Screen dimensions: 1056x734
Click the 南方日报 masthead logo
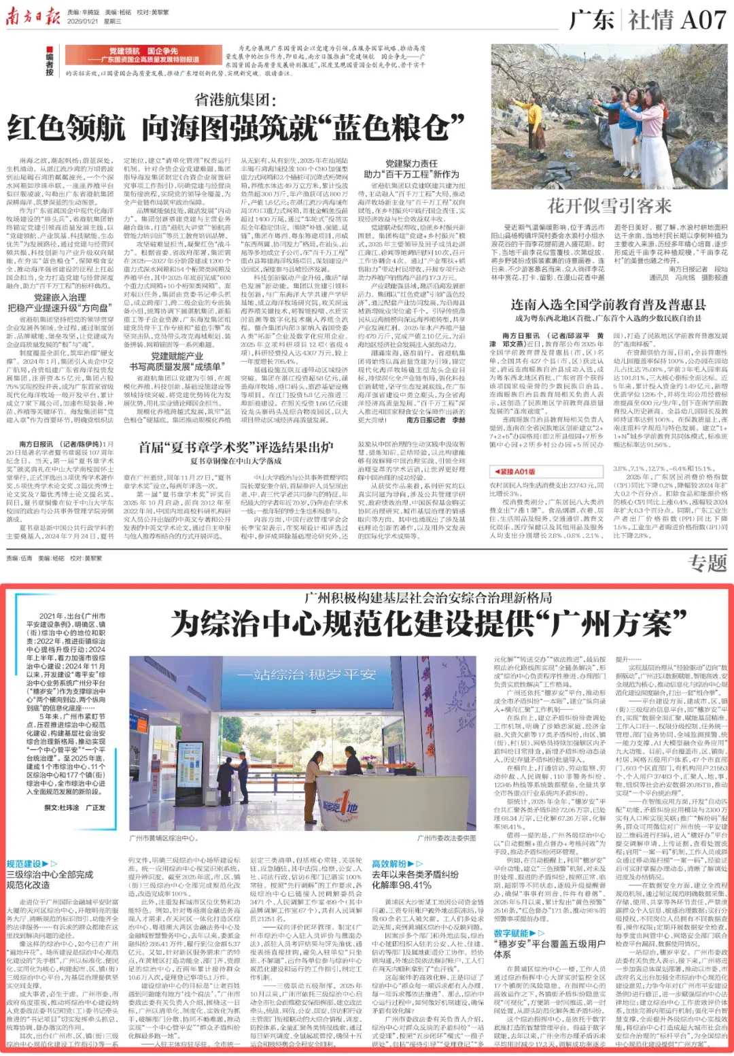point(33,16)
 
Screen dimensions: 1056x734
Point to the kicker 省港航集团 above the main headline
point(235,100)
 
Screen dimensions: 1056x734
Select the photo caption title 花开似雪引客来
point(609,206)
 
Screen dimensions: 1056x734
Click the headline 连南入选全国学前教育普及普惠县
point(608,305)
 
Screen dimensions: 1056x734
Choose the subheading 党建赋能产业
point(177,356)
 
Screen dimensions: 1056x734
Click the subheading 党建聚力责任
point(411,164)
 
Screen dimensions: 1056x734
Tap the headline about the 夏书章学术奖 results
point(236,447)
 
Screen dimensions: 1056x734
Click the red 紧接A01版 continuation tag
point(514,471)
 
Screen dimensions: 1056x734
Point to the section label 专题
point(707,563)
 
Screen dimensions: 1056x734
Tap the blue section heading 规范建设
point(24,864)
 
